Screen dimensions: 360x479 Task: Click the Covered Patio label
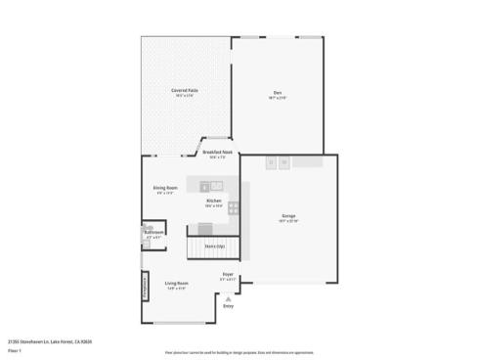[185, 91]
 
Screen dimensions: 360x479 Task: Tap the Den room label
[278, 92]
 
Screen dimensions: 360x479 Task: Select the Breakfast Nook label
[217, 153]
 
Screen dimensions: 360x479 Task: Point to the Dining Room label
[165, 188]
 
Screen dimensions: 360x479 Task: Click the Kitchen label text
[213, 202]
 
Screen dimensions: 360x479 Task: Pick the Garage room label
[288, 215]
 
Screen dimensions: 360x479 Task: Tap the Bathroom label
[154, 232]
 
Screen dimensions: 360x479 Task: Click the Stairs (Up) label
[214, 247]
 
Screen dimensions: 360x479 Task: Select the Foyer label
[227, 275]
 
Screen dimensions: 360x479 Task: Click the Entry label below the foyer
[228, 307]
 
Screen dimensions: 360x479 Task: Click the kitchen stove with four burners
[234, 207]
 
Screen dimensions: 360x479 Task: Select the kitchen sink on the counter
[216, 185]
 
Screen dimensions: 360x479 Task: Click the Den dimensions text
[278, 98]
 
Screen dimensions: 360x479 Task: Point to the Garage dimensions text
[288, 221]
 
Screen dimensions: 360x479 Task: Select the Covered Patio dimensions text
[185, 96]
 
